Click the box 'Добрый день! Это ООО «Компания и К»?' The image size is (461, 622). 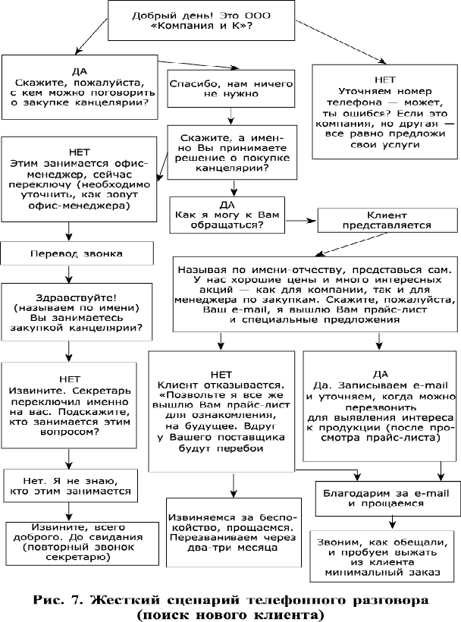click(x=202, y=20)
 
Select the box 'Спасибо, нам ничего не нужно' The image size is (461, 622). click(x=231, y=89)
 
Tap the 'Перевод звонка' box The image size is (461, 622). click(x=77, y=253)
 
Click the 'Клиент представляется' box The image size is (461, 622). click(x=387, y=220)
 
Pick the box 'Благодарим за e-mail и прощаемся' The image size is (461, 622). click(x=386, y=498)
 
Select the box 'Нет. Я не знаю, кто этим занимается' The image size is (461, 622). click(x=71, y=486)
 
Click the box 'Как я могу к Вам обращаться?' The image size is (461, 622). click(x=227, y=215)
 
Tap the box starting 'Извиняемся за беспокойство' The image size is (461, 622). click(x=234, y=532)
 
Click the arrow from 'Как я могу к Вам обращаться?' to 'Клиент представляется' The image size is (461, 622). click(x=301, y=221)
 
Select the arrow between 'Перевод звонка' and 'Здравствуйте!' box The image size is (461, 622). click(x=69, y=274)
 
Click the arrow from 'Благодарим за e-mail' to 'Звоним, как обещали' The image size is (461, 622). click(x=392, y=523)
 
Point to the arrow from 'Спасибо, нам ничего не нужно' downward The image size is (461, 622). click(x=231, y=116)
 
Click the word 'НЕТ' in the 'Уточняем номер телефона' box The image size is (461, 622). click(x=384, y=80)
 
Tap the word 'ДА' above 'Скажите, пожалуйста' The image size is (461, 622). click(x=80, y=72)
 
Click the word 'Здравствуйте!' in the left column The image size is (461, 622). click(x=77, y=297)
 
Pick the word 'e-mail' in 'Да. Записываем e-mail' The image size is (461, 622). click(x=431, y=385)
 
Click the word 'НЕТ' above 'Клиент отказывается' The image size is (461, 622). click(x=221, y=375)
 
